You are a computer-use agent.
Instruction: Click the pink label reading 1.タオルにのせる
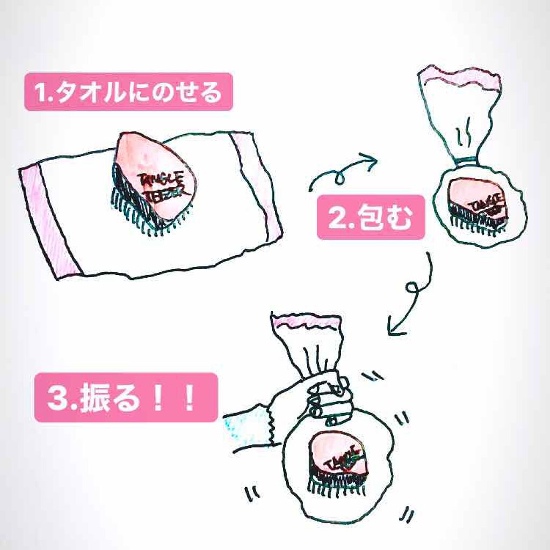[128, 92]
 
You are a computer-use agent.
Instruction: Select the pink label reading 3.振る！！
[126, 397]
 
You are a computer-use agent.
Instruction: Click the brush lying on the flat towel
[156, 180]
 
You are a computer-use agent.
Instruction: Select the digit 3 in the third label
[56, 397]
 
